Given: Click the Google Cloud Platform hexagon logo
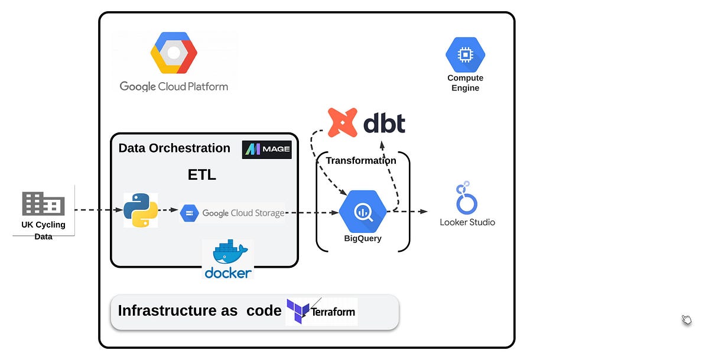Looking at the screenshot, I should [x=173, y=53].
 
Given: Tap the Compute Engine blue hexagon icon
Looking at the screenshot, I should [x=465, y=55].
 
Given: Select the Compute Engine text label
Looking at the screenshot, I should [x=465, y=83].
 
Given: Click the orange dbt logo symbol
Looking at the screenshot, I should [x=343, y=123].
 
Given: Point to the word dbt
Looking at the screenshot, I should [x=384, y=123].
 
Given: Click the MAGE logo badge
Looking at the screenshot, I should [x=266, y=150].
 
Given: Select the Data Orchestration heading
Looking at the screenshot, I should [x=174, y=148].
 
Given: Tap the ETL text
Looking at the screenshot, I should [x=202, y=175].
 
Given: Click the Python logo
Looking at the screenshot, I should [x=141, y=210].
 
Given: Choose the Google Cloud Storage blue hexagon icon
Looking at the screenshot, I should [x=188, y=213].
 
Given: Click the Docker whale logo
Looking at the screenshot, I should [x=228, y=254].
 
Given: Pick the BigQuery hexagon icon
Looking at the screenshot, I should [x=363, y=212].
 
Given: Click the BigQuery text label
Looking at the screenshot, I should [x=363, y=239].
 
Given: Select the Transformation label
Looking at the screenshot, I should [x=361, y=160].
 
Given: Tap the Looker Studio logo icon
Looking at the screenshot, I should [x=466, y=199].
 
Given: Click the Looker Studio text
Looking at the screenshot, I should [x=467, y=222].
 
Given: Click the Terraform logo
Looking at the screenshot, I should [x=321, y=311].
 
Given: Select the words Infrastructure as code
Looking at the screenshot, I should [x=200, y=311].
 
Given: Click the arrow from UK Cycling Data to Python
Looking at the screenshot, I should [x=99, y=210].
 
